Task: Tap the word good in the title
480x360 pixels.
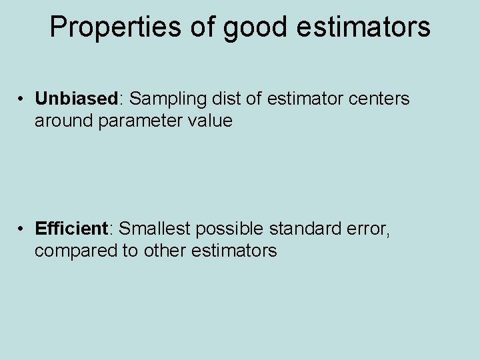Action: (x=255, y=27)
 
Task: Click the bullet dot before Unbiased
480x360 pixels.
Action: (x=22, y=99)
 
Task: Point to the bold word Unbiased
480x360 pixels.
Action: (x=76, y=99)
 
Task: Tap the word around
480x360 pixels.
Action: (x=65, y=121)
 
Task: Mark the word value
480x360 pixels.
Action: (x=210, y=121)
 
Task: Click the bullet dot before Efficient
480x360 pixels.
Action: (x=22, y=229)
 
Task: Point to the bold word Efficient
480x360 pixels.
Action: (x=72, y=229)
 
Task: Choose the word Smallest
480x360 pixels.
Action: (x=155, y=229)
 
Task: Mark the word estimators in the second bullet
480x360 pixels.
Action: (x=233, y=251)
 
